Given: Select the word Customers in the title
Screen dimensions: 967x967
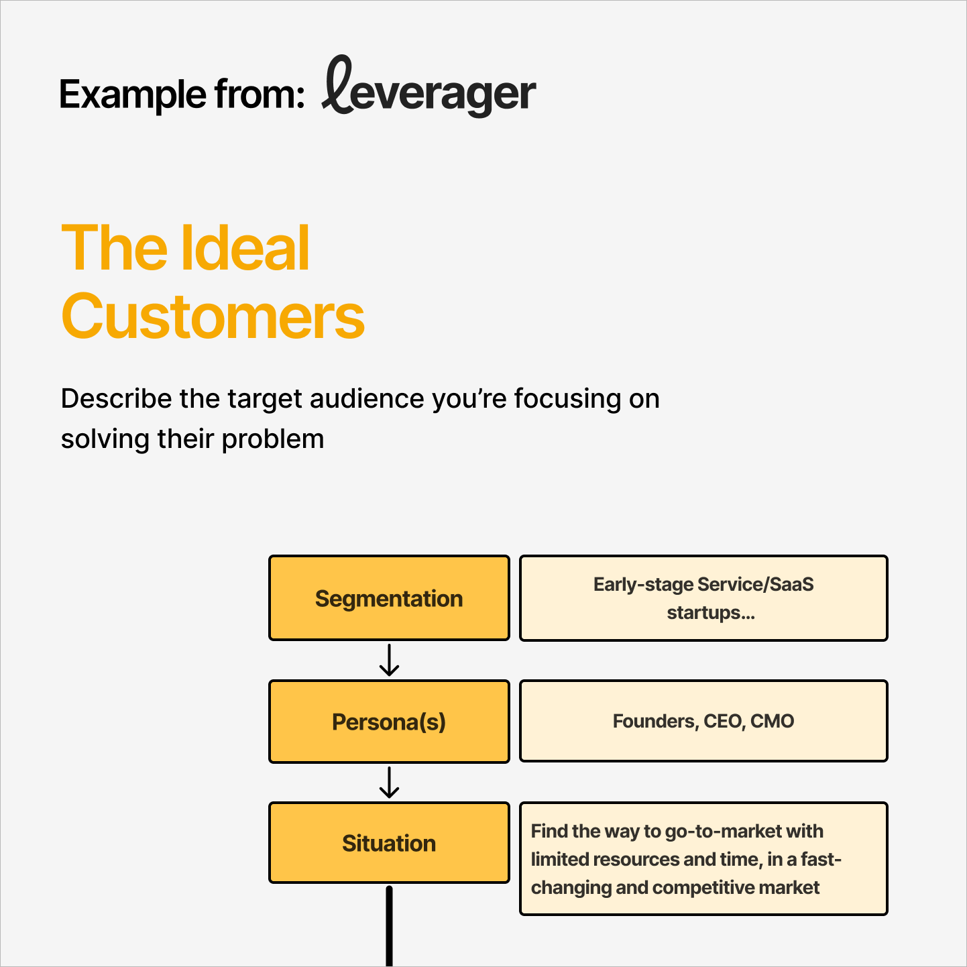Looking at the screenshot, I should point(213,317).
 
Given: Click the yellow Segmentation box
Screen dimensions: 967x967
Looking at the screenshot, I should point(389,598).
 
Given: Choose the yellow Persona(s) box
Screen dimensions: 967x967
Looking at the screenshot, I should point(389,722).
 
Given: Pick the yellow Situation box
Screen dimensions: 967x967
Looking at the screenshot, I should point(389,843).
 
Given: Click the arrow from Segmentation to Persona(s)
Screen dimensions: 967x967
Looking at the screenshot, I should point(389,661).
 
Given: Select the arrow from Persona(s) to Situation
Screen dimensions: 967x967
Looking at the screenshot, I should point(389,783).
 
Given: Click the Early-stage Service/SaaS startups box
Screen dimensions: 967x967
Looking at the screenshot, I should point(703,598).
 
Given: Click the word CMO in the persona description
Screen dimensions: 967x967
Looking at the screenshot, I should point(773,722).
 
